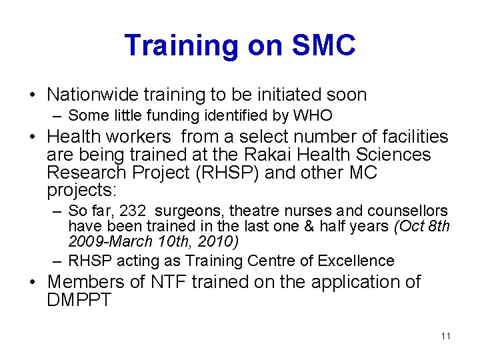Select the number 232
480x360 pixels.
coord(133,211)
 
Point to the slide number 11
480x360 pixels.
coord(445,336)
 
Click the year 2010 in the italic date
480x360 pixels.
coord(223,241)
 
